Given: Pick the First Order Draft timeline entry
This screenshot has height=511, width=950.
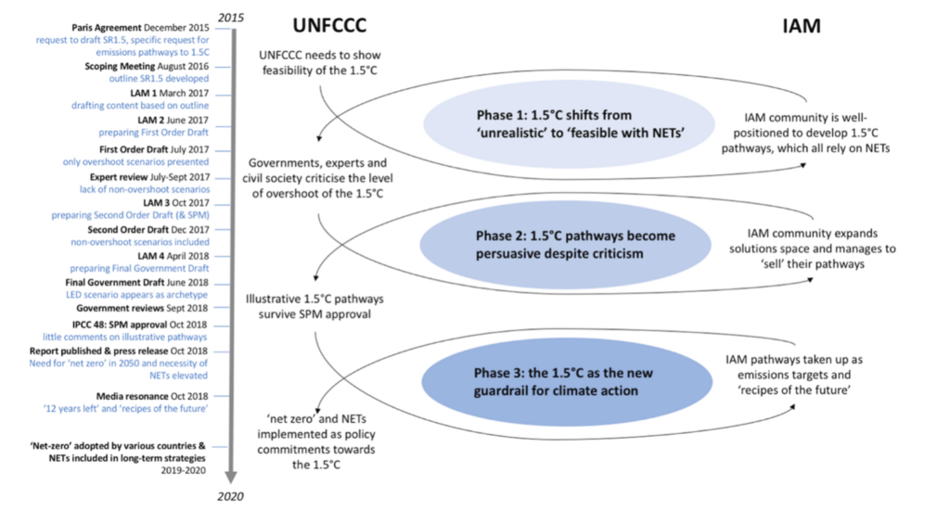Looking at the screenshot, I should [155, 148].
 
